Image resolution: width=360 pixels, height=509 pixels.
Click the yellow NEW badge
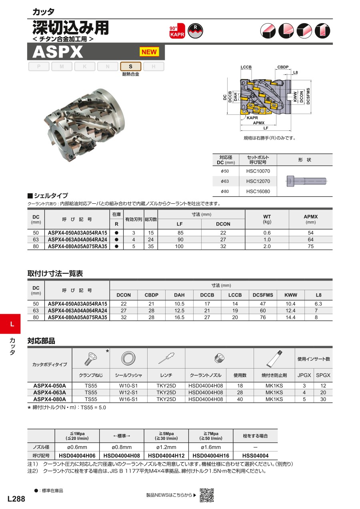click(x=149, y=52)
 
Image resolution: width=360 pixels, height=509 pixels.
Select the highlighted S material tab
click(x=130, y=66)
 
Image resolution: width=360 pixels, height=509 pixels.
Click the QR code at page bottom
click(x=207, y=495)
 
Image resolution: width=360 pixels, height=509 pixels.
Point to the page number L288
click(x=16, y=499)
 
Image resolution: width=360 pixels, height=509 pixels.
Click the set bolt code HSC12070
click(x=258, y=181)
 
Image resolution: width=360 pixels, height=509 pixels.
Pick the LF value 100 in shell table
click(x=180, y=246)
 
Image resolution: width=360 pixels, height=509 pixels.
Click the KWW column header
click(x=291, y=295)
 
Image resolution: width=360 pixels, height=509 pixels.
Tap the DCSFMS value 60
click(x=263, y=311)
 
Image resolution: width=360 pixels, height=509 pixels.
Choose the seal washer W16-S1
click(x=128, y=399)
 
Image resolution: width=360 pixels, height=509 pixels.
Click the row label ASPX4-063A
click(x=50, y=393)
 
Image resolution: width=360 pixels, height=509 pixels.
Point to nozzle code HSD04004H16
click(x=211, y=456)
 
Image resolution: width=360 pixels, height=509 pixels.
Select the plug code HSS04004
click(x=256, y=456)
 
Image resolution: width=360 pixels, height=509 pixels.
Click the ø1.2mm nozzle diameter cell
click(x=166, y=447)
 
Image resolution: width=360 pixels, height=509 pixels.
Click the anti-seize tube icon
click(x=274, y=357)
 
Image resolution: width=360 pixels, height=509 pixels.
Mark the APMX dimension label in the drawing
click(x=259, y=123)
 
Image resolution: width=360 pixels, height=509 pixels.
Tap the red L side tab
click(x=12, y=324)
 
